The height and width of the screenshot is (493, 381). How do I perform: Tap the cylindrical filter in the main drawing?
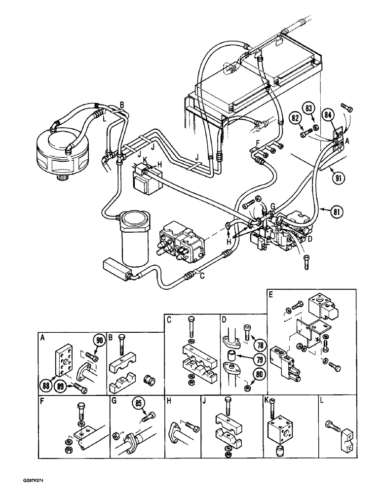point(134,240)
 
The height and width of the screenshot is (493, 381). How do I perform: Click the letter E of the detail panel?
point(271,295)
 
